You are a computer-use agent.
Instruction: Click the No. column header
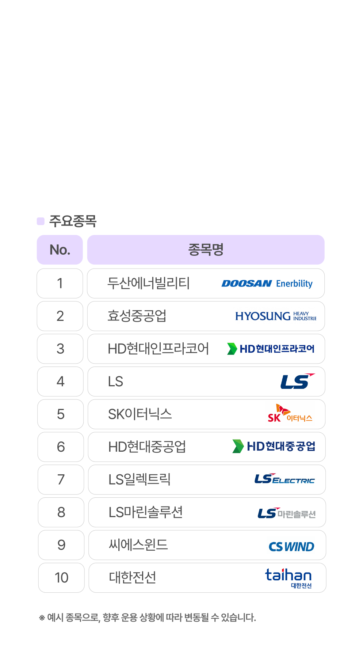(60, 250)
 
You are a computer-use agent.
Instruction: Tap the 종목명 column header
(206, 250)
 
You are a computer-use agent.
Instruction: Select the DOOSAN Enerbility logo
(267, 284)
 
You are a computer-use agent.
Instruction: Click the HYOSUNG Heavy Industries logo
(275, 316)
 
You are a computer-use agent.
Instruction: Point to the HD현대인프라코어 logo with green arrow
(269, 349)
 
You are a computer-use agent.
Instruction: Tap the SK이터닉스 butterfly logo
(290, 414)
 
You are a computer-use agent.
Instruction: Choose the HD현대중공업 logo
(274, 446)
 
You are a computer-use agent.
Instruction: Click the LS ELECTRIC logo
(284, 479)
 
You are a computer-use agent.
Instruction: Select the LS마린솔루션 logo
(286, 513)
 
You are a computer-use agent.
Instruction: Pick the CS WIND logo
(291, 546)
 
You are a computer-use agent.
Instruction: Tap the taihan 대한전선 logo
(289, 578)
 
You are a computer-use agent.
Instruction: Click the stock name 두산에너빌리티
(148, 283)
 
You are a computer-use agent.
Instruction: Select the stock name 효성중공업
(137, 316)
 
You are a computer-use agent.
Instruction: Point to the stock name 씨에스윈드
(138, 545)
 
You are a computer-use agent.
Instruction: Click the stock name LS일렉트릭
(140, 479)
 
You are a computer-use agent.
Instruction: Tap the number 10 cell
(61, 578)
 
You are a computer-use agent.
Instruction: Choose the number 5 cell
(61, 414)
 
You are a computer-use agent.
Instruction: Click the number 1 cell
(60, 283)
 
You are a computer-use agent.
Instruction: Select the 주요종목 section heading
(73, 221)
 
